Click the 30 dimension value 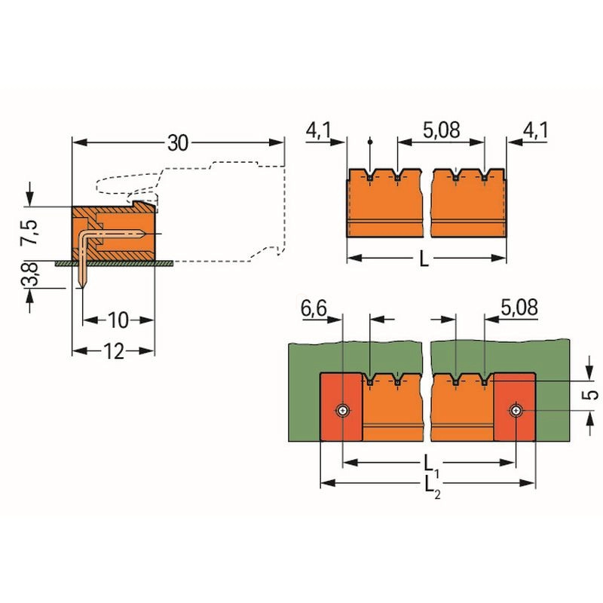pyautogui.click(x=178, y=143)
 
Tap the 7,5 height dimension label pyautogui.click(x=29, y=233)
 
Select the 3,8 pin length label pyautogui.click(x=29, y=274)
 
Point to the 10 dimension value pyautogui.click(x=118, y=320)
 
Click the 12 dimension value pyautogui.click(x=114, y=351)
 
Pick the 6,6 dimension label pyautogui.click(x=314, y=308)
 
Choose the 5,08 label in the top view pyautogui.click(x=441, y=130)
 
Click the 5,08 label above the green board pyautogui.click(x=519, y=308)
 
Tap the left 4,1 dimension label pyautogui.click(x=318, y=130)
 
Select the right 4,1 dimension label pyautogui.click(x=536, y=130)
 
